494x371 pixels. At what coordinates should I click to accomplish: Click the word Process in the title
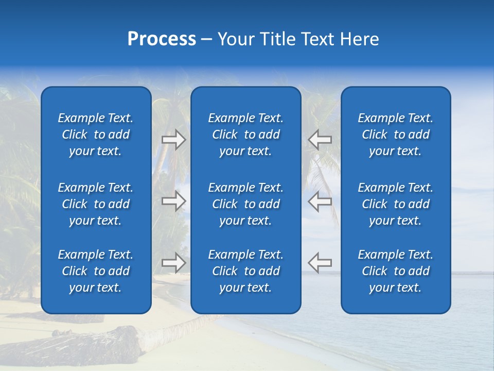tap(162, 39)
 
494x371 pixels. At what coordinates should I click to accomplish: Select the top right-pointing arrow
tap(173, 140)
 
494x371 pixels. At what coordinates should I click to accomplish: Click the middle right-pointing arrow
tap(173, 201)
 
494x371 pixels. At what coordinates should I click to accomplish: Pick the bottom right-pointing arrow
tap(173, 263)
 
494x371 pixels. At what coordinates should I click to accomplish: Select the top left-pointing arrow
tap(320, 140)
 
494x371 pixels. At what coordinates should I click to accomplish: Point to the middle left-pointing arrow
tap(320, 201)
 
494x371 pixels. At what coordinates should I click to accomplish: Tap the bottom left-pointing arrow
tap(320, 263)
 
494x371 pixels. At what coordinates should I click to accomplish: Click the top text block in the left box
tap(96, 134)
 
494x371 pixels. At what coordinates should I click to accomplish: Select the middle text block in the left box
tap(96, 204)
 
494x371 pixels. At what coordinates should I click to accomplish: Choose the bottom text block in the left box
tap(96, 271)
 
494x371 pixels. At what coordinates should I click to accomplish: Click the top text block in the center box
tap(245, 134)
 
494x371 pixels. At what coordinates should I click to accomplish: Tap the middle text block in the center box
tap(245, 204)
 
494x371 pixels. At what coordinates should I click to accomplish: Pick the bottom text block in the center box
tap(245, 271)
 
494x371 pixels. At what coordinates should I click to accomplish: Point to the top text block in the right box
tap(396, 134)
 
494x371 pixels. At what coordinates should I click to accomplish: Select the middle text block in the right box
tap(396, 204)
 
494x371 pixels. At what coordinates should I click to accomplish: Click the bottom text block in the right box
tap(396, 271)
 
